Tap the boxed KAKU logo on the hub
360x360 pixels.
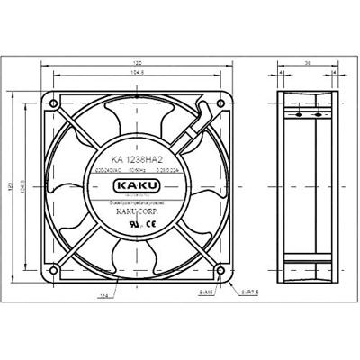(x=136, y=186)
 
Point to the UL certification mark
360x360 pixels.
(x=137, y=226)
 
